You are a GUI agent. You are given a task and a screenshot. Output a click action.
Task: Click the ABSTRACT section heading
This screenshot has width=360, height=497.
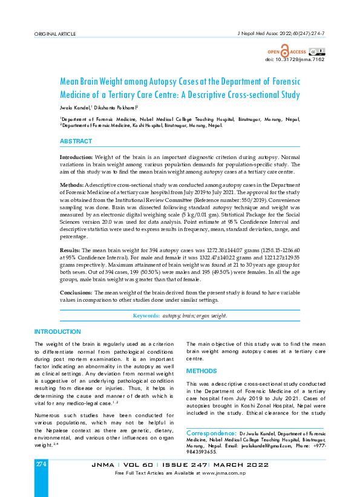click(x=76, y=141)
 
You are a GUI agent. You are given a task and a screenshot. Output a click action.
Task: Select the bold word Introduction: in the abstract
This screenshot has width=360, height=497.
click(x=76, y=157)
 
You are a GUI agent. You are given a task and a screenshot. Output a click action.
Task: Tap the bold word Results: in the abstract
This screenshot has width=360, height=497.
click(x=70, y=248)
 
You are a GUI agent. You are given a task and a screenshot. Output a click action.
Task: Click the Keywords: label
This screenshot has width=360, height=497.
click(x=146, y=316)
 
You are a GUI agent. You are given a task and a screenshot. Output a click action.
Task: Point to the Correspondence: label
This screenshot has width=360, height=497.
click(x=210, y=433)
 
